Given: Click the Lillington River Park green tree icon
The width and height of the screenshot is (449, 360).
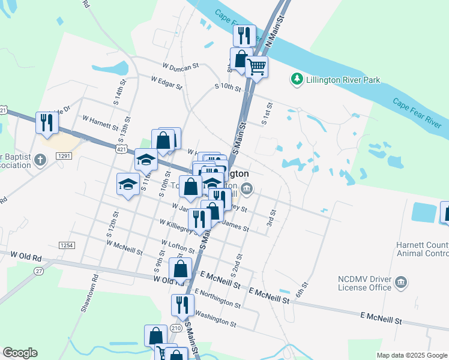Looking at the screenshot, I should tap(297, 79).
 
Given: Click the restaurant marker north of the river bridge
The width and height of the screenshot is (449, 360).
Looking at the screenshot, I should tap(244, 35).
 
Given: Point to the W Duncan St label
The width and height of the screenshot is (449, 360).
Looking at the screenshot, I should tap(180, 67).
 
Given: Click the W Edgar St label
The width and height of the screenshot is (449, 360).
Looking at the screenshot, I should tap(166, 83).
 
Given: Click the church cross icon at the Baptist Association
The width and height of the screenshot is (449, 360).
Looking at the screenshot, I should tap(40, 160).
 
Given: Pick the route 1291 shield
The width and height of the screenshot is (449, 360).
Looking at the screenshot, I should tap(64, 156).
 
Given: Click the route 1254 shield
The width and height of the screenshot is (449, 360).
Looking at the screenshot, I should tap(66, 245).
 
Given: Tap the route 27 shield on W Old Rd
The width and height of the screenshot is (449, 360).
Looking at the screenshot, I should tap(39, 271).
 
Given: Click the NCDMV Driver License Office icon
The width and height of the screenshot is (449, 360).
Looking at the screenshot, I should tap(402, 282).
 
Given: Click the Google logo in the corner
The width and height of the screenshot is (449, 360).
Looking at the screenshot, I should tap(20, 353).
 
